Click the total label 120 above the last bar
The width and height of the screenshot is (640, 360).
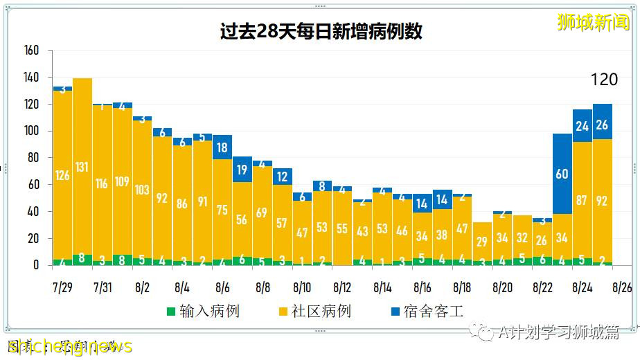click(x=603, y=80)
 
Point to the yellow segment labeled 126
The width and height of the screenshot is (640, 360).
click(x=62, y=175)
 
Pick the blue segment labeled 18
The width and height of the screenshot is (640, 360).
click(x=222, y=147)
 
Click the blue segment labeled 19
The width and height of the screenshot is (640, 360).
click(x=242, y=170)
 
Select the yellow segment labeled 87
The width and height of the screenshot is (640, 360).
click(x=582, y=201)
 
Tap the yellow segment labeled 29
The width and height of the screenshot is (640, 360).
click(x=482, y=242)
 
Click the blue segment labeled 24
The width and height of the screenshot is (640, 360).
click(x=582, y=125)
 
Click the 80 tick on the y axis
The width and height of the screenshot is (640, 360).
click(x=33, y=158)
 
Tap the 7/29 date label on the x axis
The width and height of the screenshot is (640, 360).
click(x=62, y=287)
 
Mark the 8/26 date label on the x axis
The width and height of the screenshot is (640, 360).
click(x=621, y=287)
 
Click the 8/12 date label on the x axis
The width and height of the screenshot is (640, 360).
click(x=342, y=287)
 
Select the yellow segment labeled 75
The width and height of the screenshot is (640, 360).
click(x=222, y=211)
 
